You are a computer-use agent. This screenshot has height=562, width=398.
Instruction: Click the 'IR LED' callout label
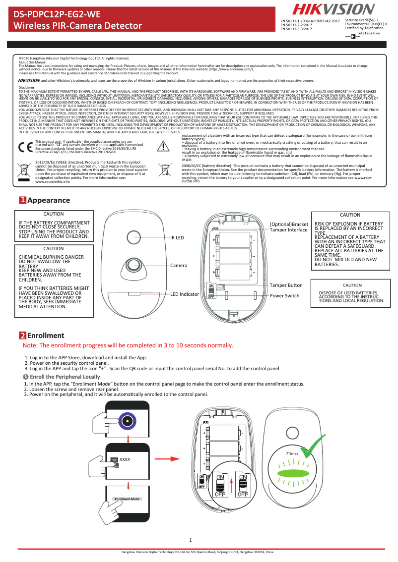pyautogui.click(x=177, y=238)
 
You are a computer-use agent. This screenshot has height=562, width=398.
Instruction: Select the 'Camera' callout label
pyautogui.click(x=179, y=266)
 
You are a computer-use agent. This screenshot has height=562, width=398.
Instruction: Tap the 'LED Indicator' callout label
pyautogui.click(x=185, y=294)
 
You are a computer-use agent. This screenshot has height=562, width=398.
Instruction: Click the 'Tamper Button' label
pyautogui.click(x=286, y=285)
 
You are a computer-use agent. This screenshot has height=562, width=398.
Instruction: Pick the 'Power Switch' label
pyautogui.click(x=284, y=296)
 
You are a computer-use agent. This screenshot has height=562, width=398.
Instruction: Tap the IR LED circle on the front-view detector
pyautogui.click(x=133, y=237)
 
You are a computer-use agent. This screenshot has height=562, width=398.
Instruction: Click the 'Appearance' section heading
pyautogui.click(x=49, y=200)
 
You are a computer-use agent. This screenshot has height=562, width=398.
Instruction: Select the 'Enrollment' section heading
pyautogui.click(x=46, y=336)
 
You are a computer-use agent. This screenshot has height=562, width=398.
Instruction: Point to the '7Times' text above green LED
pyautogui.click(x=292, y=454)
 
